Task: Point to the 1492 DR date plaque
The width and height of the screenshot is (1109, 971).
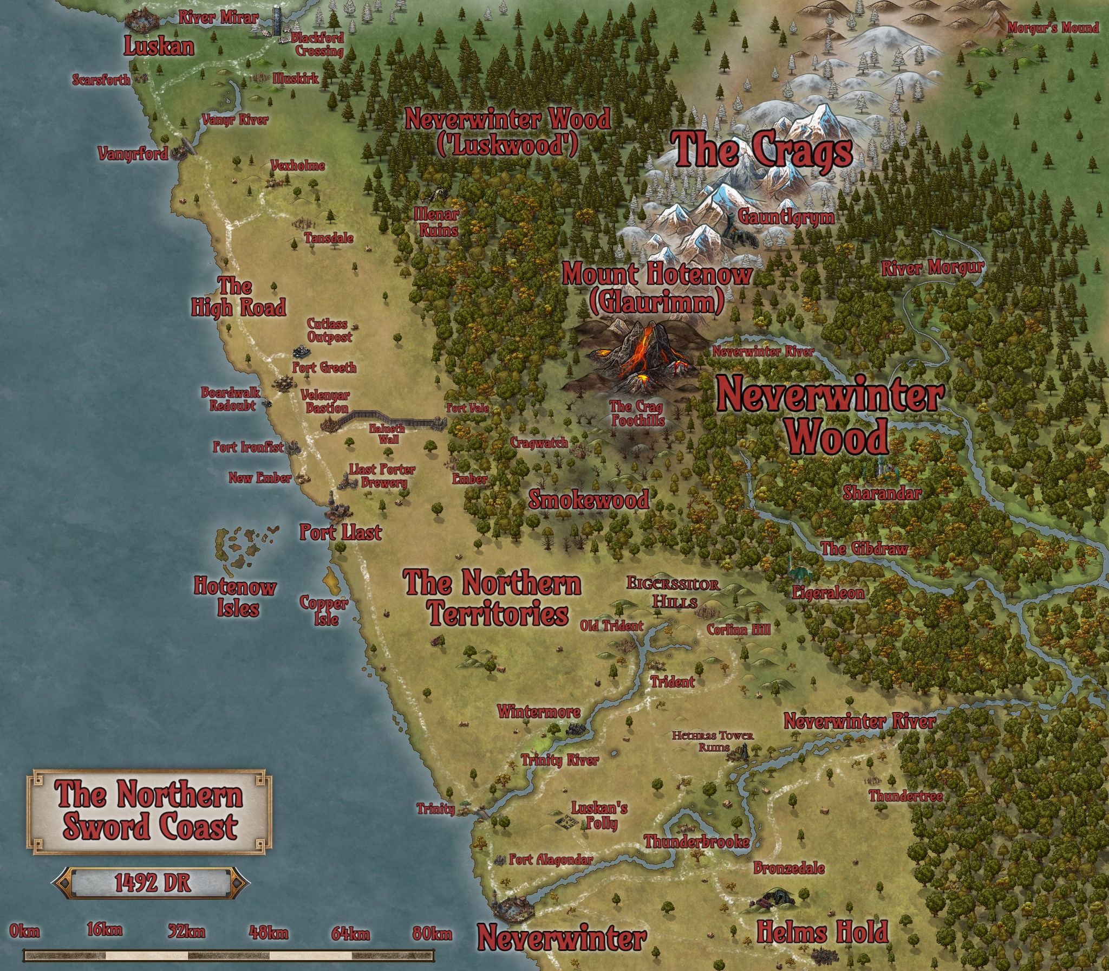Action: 152,883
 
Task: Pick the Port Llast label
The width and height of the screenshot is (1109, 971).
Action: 341,532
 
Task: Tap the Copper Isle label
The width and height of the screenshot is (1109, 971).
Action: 324,610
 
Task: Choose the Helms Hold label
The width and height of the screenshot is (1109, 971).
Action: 822,932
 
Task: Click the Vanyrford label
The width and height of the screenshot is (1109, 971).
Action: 133,154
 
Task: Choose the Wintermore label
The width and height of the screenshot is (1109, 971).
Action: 539,711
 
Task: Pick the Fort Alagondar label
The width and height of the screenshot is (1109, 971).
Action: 551,859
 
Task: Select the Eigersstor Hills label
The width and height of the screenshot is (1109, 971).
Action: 674,592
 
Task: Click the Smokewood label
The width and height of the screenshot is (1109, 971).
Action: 589,499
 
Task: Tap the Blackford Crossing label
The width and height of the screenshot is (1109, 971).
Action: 318,45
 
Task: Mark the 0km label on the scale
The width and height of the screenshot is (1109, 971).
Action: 24,932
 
